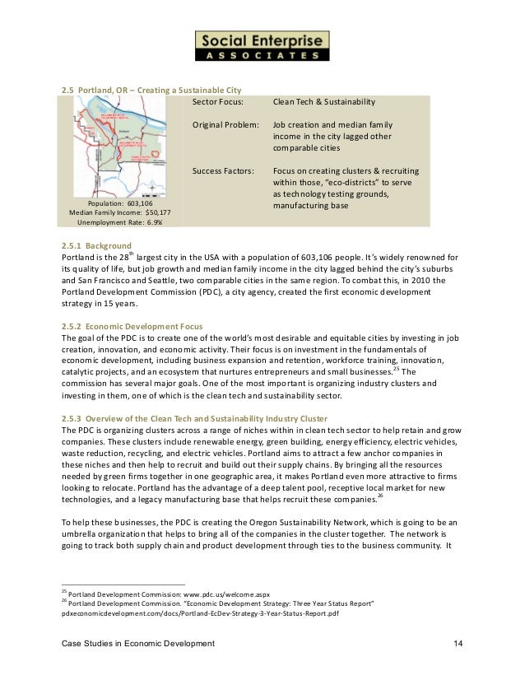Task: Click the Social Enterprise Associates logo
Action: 262,46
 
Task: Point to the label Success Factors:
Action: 224,170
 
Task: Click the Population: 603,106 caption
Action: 119,202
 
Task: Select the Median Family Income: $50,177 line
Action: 119,212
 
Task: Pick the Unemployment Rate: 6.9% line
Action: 119,222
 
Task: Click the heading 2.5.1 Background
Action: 96,245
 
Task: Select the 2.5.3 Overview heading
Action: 194,418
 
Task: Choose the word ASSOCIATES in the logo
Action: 262,56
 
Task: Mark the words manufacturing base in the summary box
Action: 316,205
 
